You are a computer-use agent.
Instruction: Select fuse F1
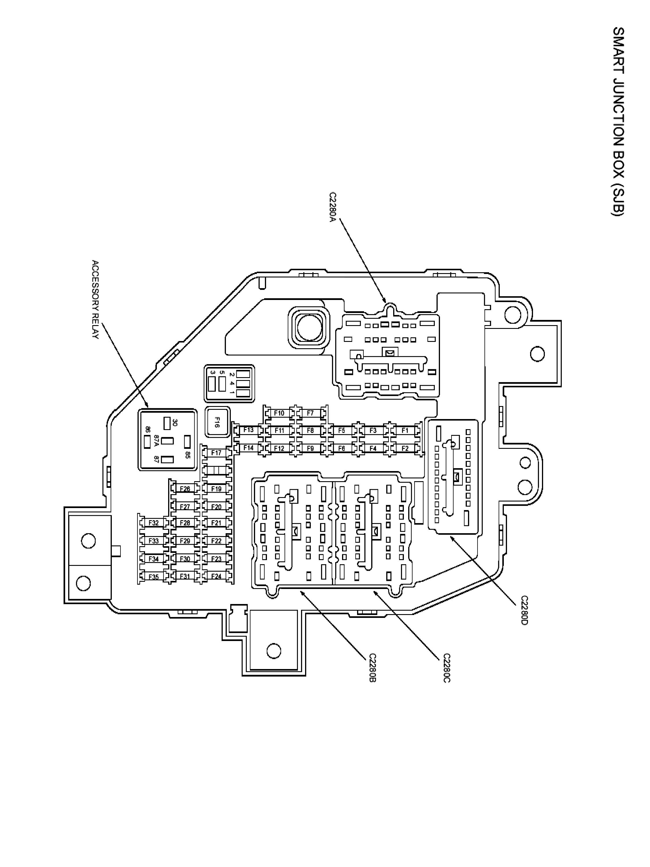(405, 430)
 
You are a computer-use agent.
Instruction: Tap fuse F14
(248, 448)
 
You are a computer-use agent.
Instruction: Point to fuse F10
(279, 413)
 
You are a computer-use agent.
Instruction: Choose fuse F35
(154, 577)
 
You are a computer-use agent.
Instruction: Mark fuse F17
(216, 453)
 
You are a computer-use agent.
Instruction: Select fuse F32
(154, 523)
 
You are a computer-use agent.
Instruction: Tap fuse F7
(310, 413)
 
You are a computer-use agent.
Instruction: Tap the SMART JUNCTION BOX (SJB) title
(618, 121)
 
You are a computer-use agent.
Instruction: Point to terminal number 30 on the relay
(175, 423)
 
